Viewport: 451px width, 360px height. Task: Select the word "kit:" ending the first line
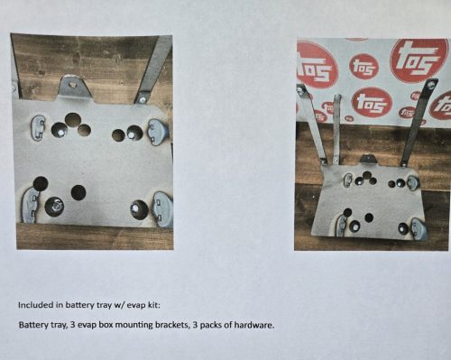tap(154, 305)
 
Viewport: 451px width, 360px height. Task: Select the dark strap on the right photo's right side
tap(419, 123)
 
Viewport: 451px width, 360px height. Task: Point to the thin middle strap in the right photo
tap(336, 130)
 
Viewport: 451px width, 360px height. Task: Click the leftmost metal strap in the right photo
tap(312, 124)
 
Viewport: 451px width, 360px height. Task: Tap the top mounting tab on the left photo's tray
tap(74, 88)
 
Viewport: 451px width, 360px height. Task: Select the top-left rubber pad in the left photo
tap(38, 128)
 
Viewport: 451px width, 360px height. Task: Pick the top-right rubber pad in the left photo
tap(158, 132)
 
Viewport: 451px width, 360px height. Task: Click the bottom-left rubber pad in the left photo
tap(31, 206)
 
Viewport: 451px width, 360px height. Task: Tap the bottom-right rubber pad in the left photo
tap(162, 209)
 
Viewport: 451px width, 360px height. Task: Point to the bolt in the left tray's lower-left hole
tap(55, 207)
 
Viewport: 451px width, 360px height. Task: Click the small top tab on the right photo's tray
tap(368, 160)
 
